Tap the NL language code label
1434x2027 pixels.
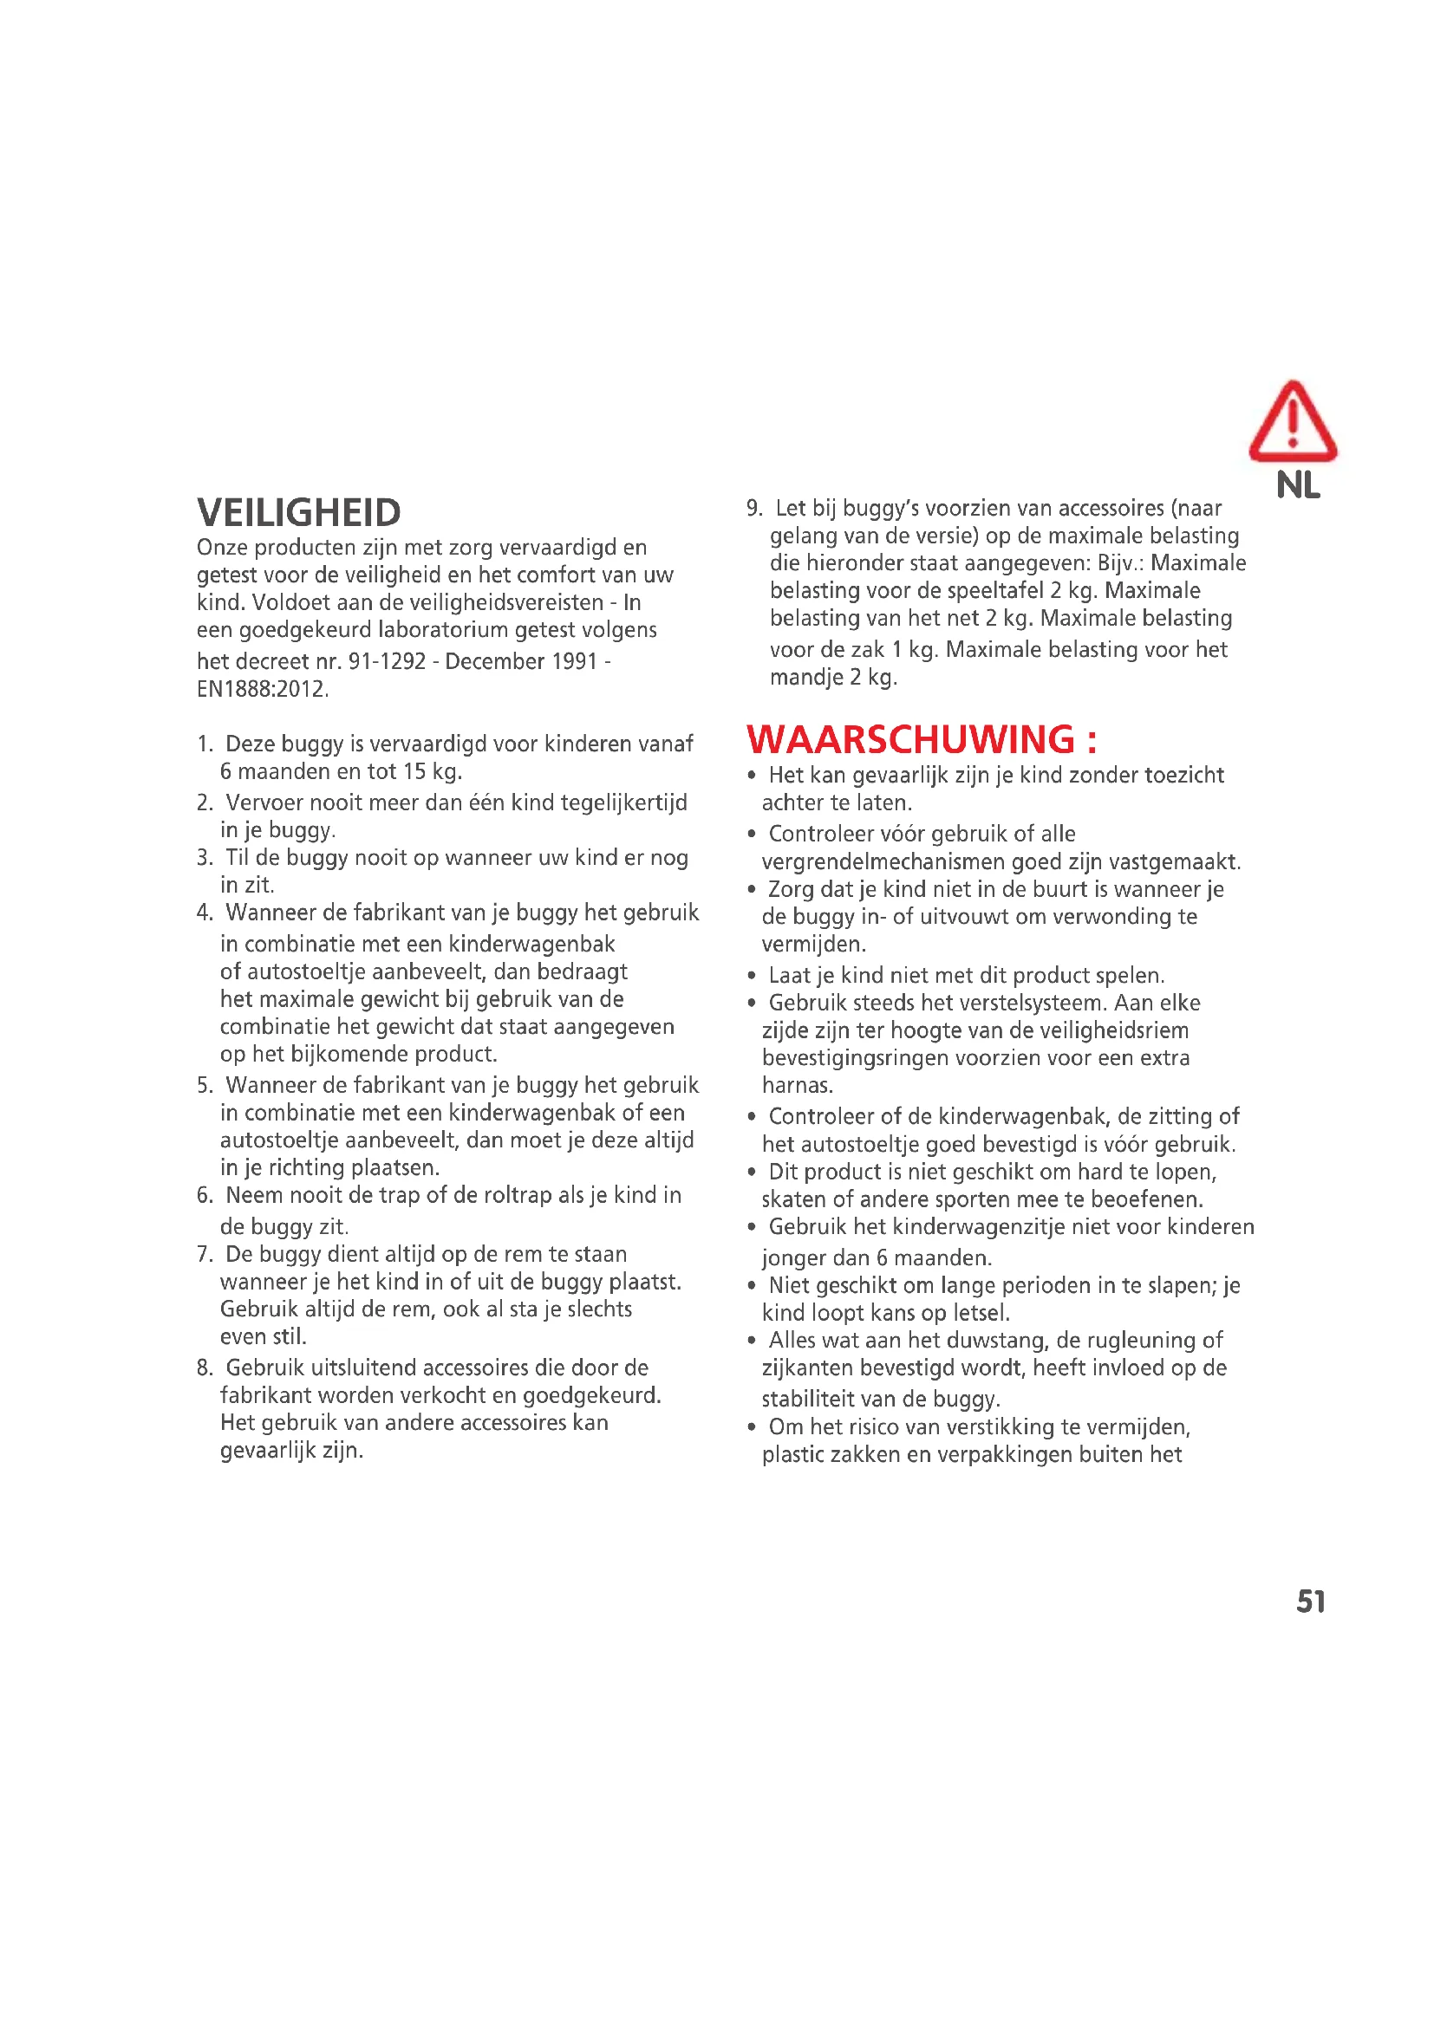(x=1297, y=485)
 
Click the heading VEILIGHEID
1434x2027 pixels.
(x=298, y=513)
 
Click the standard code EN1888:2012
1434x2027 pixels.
(x=262, y=690)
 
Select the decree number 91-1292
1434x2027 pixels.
(x=387, y=661)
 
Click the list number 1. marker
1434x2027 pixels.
(x=205, y=744)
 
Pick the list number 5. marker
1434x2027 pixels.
(x=205, y=1085)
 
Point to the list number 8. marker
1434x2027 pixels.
(x=205, y=1368)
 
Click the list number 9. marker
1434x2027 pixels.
(x=754, y=509)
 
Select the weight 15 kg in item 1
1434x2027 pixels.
(x=432, y=771)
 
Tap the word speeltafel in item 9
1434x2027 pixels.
(x=990, y=591)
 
